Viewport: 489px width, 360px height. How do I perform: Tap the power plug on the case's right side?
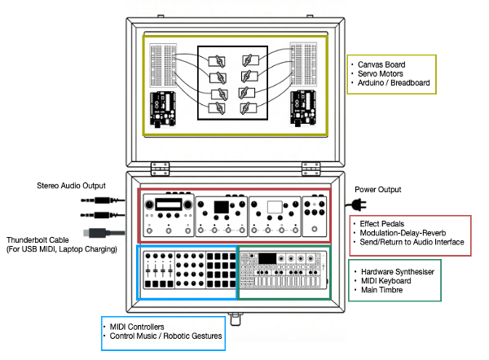[359, 204]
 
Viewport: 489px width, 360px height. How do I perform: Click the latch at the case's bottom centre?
[237, 313]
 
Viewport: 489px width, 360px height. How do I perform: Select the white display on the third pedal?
[275, 207]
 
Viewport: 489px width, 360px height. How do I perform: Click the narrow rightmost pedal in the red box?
[314, 217]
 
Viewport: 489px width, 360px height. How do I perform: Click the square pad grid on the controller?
[219, 271]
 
